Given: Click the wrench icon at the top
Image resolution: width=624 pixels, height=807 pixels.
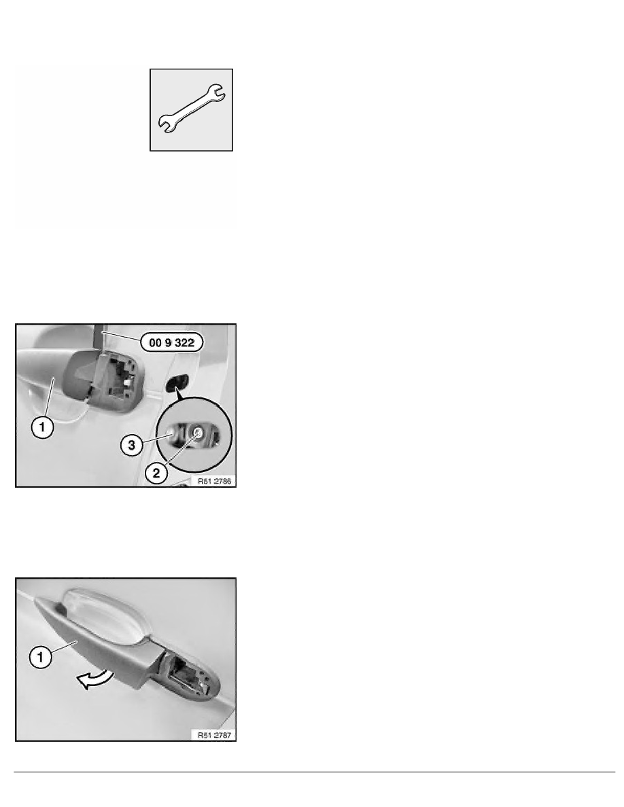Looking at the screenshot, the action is click(191, 109).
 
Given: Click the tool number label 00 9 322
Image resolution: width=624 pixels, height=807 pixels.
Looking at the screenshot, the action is click(171, 342).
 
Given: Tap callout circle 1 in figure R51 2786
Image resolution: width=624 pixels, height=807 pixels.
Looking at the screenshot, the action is click(42, 427).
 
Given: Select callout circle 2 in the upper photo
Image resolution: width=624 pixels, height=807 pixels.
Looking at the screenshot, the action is click(156, 473).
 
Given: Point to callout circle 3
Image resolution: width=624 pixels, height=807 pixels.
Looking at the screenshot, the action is click(132, 445).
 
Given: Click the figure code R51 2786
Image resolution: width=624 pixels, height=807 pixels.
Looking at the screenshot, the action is click(215, 481).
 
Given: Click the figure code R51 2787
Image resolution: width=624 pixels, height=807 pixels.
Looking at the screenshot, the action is click(215, 735).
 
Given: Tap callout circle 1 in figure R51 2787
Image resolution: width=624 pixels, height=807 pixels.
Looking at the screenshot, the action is click(41, 657).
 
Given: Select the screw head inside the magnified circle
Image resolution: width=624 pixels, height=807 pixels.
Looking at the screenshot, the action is click(196, 433).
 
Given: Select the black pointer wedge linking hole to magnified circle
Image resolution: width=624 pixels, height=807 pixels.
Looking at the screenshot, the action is click(178, 393).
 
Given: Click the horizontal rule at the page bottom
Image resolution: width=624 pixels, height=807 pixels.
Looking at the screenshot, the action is click(314, 772).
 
